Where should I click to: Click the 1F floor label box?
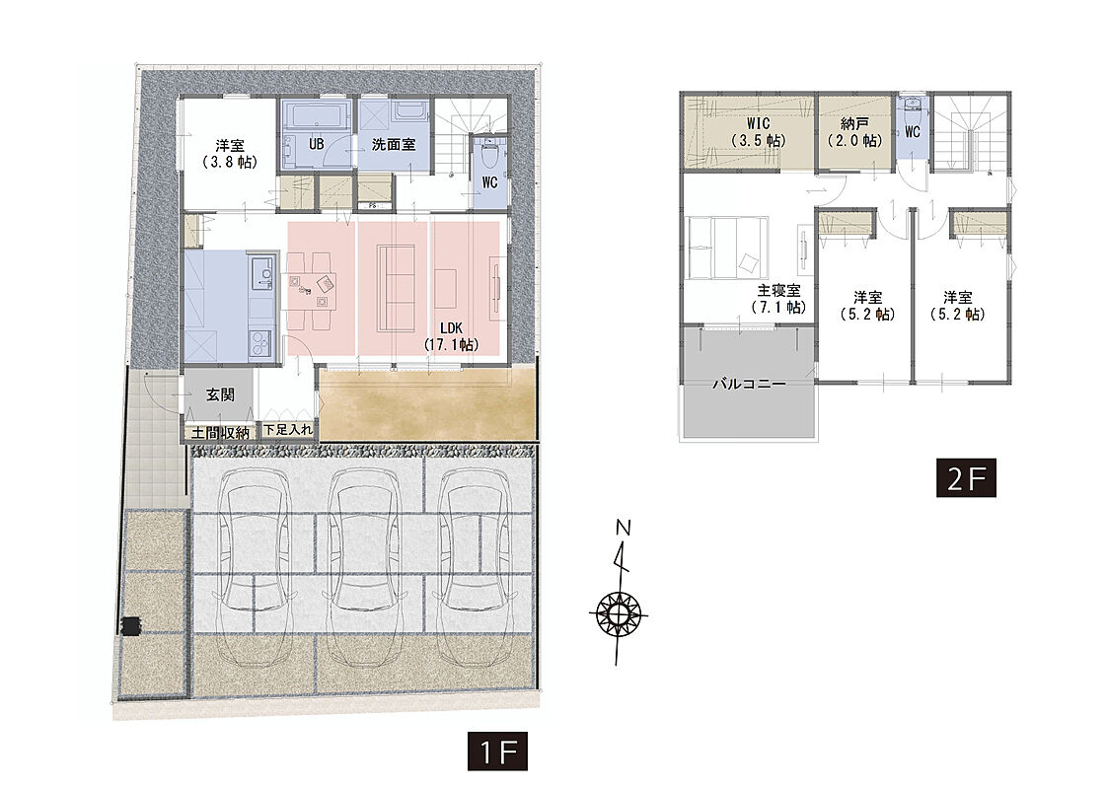497,753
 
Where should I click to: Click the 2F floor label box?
966,478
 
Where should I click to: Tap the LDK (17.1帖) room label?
452,336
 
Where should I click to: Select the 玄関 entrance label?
220,394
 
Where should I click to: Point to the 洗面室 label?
394,145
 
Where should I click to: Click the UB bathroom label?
317,144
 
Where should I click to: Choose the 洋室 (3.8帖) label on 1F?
230,154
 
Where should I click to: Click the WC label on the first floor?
489,182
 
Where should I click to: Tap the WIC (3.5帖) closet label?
759,132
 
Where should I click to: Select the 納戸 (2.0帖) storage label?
854,132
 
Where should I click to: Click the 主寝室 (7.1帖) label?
778,299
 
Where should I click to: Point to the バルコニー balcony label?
749,385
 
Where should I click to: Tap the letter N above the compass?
623,528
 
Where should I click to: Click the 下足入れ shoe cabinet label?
288,429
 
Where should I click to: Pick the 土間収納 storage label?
220,433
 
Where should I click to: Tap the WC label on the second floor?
912,132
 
